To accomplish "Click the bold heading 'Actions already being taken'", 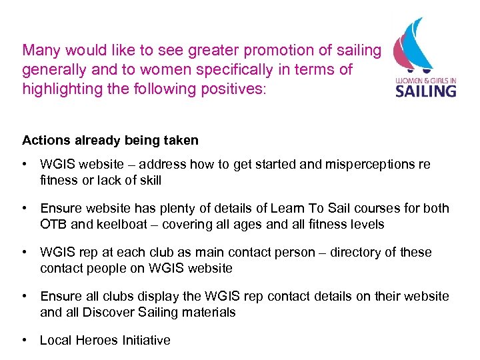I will coord(110,140).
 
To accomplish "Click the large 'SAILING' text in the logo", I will coord(425,90).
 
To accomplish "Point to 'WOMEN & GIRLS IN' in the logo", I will coord(425,78).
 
